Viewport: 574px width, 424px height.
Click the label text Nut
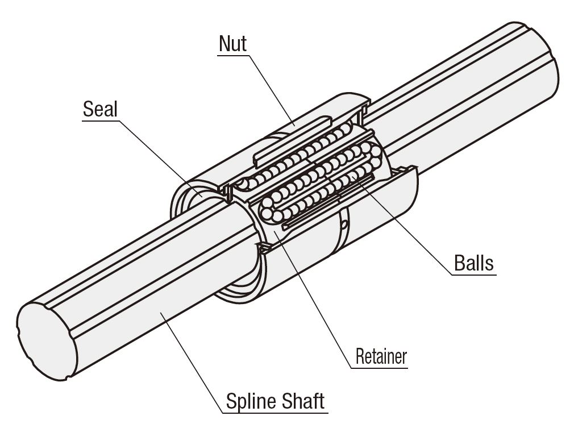tap(233, 44)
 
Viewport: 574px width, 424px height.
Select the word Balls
tap(474, 263)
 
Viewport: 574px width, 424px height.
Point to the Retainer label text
tap(381, 356)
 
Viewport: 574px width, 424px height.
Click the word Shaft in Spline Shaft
tap(302, 401)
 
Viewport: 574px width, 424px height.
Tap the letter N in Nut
tap(224, 44)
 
